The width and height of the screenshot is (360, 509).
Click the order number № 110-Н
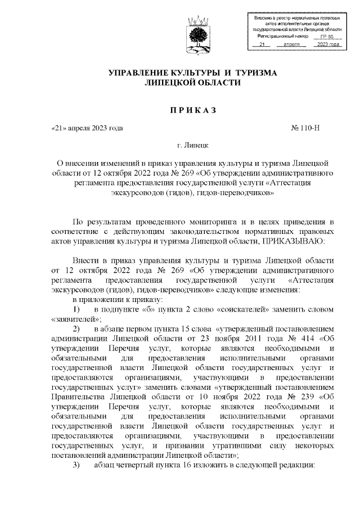(306, 128)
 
